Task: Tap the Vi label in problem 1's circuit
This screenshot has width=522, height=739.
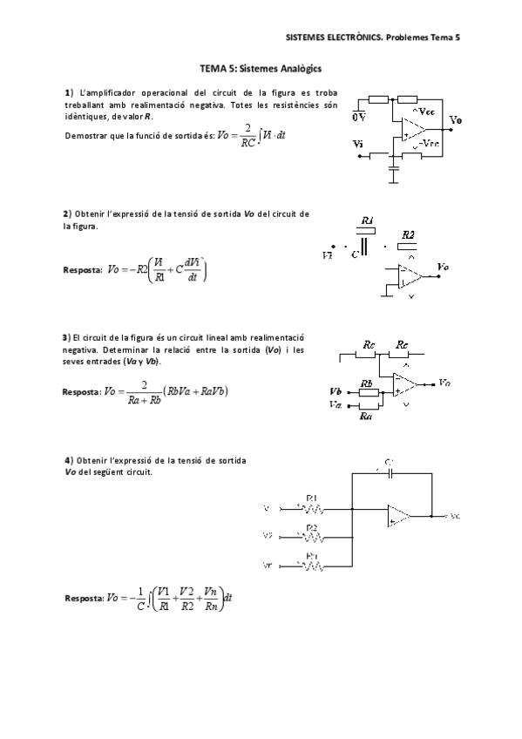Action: coord(358,144)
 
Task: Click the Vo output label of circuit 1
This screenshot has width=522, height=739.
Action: coord(456,119)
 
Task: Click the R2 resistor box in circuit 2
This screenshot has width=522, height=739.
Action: coord(407,246)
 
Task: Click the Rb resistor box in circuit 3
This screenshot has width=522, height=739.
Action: coord(369,392)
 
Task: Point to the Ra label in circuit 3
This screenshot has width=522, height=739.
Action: coord(366,416)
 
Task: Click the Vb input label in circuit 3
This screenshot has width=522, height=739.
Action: coord(336,391)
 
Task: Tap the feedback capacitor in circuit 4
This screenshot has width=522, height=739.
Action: coord(390,472)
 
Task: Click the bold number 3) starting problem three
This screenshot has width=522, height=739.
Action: coord(65,337)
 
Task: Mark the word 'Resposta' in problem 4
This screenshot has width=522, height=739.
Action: coord(83,599)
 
